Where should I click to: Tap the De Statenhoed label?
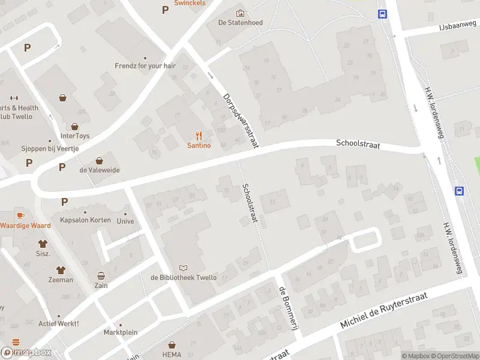(x=240, y=23)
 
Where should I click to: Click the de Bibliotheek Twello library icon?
(x=183, y=268)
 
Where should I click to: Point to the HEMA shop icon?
(x=172, y=345)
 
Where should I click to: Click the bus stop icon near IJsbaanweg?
(x=382, y=14)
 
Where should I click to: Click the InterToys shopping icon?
(x=74, y=127)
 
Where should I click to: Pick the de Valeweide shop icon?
(x=100, y=161)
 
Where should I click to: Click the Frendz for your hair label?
(x=145, y=65)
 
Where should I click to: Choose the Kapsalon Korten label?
(x=85, y=220)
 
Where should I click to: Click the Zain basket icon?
(x=101, y=277)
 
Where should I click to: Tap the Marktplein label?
(x=121, y=332)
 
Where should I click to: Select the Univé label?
(x=125, y=221)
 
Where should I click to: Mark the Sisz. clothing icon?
(x=43, y=244)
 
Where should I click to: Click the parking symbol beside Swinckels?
(x=165, y=10)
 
